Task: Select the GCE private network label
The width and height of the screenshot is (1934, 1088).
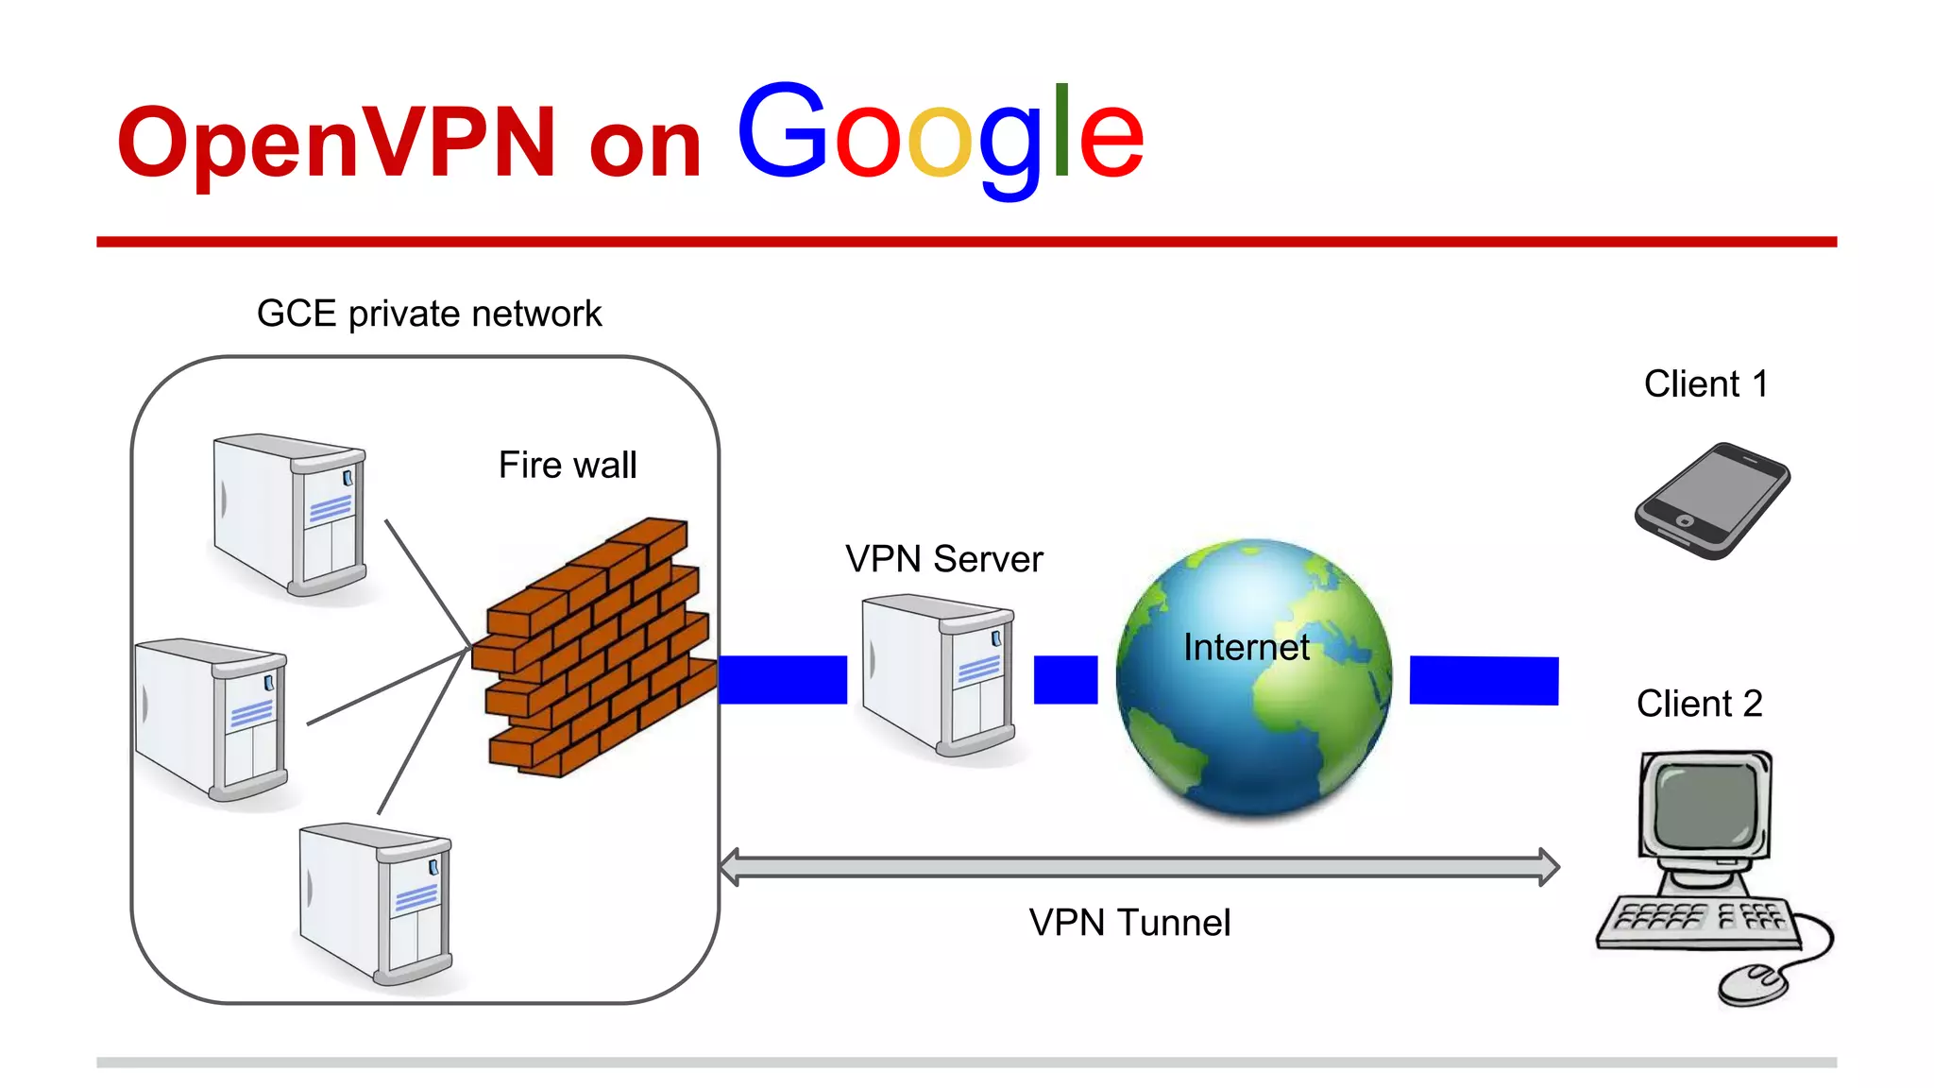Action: click(x=429, y=314)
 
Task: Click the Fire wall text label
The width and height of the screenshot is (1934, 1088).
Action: click(x=567, y=465)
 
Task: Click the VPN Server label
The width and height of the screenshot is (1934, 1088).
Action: click(x=943, y=559)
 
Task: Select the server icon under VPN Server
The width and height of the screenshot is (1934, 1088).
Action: click(x=940, y=674)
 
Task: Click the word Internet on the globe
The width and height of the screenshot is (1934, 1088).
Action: click(x=1246, y=648)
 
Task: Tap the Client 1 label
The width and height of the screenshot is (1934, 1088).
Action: click(x=1705, y=384)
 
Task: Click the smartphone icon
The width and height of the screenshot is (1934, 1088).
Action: click(x=1711, y=501)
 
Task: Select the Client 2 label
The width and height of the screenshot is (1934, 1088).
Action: click(x=1699, y=704)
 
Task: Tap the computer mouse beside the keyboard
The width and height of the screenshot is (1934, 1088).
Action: click(x=1753, y=984)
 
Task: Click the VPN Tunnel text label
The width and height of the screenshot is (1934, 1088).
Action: click(x=1129, y=923)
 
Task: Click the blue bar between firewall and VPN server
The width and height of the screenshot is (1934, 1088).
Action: click(x=782, y=680)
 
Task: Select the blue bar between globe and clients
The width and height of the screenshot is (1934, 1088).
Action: click(x=1483, y=681)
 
